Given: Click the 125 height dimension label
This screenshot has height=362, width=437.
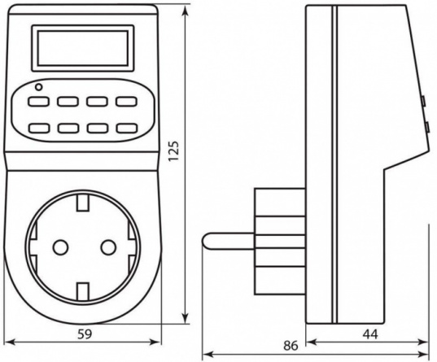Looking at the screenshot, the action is click(173, 150).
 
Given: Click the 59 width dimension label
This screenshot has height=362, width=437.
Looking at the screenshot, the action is click(85, 334).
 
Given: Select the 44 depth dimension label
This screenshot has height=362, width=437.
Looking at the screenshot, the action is click(370, 334).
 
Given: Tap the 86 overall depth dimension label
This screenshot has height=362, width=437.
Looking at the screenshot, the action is click(291, 346).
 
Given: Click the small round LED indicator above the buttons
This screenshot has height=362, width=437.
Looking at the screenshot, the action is click(39, 87).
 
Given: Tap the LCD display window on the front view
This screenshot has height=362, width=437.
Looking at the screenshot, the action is click(83, 48).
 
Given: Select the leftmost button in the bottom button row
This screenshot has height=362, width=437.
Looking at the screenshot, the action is click(40, 129).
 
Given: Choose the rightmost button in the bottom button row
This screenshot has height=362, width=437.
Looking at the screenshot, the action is click(127, 129).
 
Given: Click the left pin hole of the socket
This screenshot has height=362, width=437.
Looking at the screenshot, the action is click(60, 247).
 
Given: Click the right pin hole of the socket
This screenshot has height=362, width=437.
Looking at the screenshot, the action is click(108, 247).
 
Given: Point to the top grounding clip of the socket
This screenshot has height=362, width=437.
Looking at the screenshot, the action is click(83, 202).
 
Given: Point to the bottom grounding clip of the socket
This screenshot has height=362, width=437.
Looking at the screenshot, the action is click(83, 291).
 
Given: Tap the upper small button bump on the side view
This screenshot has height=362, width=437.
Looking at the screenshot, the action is click(423, 101).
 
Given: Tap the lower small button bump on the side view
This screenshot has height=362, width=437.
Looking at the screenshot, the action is click(426, 127).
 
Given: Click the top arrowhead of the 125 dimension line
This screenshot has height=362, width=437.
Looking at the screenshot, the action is click(185, 11).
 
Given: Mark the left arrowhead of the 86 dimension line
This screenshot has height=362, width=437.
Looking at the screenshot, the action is click(208, 355).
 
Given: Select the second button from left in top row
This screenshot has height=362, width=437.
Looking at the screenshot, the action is click(68, 101).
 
